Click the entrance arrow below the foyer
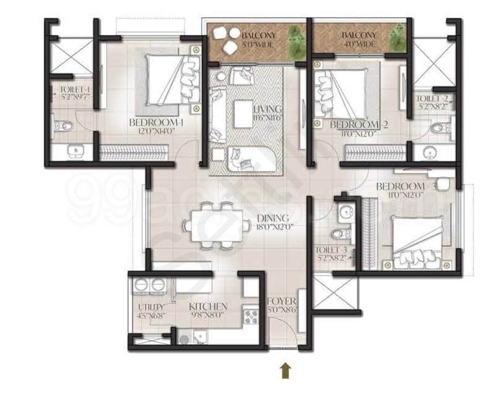(285, 371)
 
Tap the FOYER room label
(282, 302)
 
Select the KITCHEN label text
(208, 307)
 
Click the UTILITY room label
(151, 307)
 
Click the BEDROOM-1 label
(150, 123)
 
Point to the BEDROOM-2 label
(359, 124)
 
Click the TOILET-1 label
(74, 90)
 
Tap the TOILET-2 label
(432, 98)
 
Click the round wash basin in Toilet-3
(345, 213)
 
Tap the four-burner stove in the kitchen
(251, 316)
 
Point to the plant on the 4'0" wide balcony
(397, 37)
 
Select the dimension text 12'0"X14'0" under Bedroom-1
(150, 131)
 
